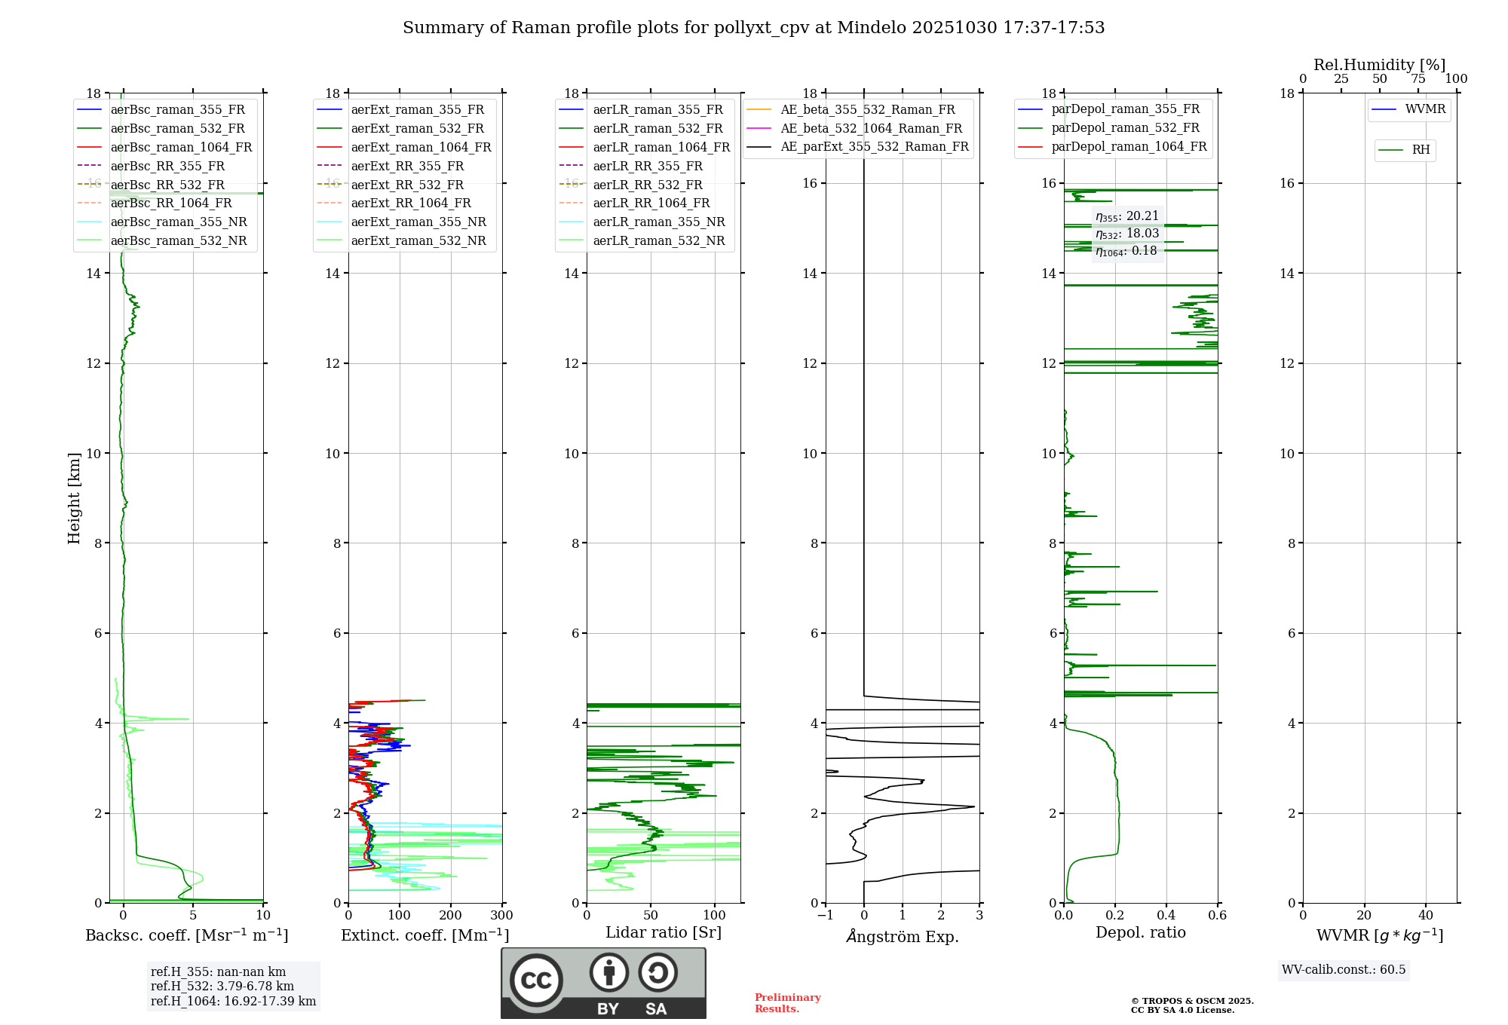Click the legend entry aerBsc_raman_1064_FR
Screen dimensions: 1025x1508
[181, 147]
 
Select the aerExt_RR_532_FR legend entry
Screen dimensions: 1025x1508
[407, 185]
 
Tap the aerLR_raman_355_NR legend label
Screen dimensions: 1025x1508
[658, 222]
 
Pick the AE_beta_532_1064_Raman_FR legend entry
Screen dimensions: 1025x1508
[871, 128]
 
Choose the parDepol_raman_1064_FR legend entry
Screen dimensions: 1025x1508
[1129, 146]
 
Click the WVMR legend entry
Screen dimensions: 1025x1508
[1425, 109]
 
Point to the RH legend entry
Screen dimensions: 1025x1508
[1421, 150]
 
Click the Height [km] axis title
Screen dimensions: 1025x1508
[74, 498]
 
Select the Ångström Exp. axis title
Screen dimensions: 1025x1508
[903, 937]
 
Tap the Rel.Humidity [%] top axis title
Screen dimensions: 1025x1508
[1379, 65]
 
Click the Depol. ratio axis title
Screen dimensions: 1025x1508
[1140, 933]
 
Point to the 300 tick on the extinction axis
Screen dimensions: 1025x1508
[501, 915]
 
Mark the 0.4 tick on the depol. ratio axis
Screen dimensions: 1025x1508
[1166, 915]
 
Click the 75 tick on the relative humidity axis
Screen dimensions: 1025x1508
[1418, 78]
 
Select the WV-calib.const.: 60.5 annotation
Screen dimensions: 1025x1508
[1344, 969]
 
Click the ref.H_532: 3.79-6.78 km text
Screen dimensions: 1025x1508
[222, 986]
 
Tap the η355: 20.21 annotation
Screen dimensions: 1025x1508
[1127, 216]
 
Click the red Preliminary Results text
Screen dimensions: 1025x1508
[787, 1003]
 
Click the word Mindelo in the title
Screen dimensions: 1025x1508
[872, 28]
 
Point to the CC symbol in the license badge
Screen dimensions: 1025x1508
[536, 980]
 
